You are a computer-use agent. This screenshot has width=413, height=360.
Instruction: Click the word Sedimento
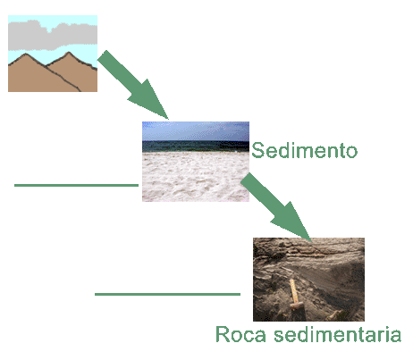pyautogui.click(x=304, y=150)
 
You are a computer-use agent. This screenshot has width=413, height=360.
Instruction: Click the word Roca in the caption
pyautogui.click(x=240, y=334)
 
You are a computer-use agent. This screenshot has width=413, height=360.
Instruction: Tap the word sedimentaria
pyautogui.click(x=338, y=334)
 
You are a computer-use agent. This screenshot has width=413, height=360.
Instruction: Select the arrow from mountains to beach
pyautogui.click(x=133, y=85)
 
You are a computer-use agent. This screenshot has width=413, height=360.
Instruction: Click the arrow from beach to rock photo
pyautogui.click(x=276, y=207)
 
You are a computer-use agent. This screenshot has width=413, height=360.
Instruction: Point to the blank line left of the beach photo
pyautogui.click(x=76, y=185)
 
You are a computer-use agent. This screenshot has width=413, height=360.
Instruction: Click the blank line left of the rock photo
pyautogui.click(x=167, y=294)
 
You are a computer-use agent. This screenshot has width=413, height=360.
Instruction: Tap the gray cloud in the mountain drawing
pyautogui.click(x=53, y=35)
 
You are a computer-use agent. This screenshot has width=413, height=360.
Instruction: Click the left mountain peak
pyautogui.click(x=26, y=54)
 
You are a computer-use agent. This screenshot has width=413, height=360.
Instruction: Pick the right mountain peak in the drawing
pyautogui.click(x=69, y=53)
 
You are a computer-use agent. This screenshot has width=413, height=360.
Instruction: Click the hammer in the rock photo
pyautogui.click(x=295, y=295)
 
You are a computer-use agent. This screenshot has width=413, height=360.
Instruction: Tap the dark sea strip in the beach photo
pyautogui.click(x=196, y=147)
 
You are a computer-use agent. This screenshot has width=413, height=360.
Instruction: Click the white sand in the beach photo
pyautogui.click(x=196, y=177)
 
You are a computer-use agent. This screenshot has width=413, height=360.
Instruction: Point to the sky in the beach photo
pyautogui.click(x=196, y=131)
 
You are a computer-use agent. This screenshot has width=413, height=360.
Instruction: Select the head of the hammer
pyautogui.click(x=297, y=306)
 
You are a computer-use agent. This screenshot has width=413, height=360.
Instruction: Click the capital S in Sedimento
pyautogui.click(x=257, y=150)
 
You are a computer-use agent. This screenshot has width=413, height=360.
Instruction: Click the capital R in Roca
pyautogui.click(x=223, y=334)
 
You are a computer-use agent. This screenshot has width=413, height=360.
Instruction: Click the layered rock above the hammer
pyautogui.click(x=307, y=256)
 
